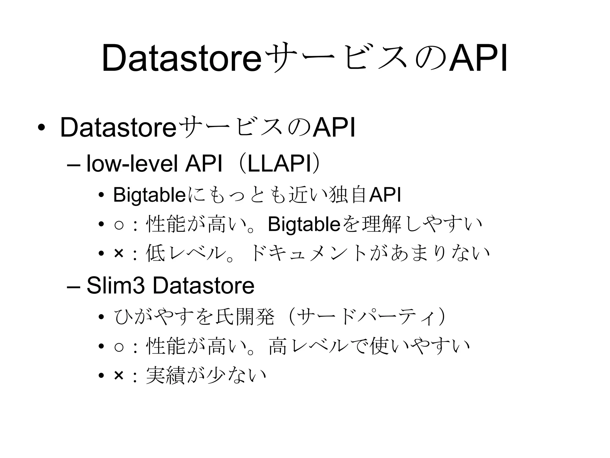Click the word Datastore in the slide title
(182, 58)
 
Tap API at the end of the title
(478, 58)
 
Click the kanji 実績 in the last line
(165, 376)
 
